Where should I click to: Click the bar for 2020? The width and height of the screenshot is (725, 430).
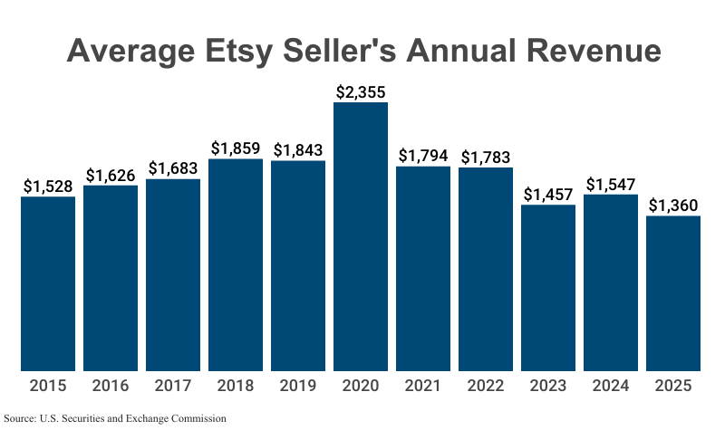click(361, 237)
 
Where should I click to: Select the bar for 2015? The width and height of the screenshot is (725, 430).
click(48, 283)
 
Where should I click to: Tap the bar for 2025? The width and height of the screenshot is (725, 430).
click(673, 293)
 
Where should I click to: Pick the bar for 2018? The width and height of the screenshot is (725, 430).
click(236, 265)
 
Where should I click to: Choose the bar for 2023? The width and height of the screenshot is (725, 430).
click(548, 288)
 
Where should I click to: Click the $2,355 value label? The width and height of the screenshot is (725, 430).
click(361, 91)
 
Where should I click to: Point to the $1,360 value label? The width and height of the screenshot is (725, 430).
click(673, 205)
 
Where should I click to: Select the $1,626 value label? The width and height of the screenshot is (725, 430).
click(111, 176)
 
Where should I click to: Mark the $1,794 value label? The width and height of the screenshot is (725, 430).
click(423, 156)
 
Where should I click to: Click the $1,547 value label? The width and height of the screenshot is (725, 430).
click(611, 185)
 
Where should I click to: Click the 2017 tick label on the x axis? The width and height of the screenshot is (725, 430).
click(173, 387)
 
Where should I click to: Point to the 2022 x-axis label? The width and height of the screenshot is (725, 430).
click(486, 387)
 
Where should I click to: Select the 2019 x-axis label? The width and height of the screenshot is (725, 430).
click(298, 387)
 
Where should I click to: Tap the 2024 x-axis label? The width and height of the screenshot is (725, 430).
click(611, 387)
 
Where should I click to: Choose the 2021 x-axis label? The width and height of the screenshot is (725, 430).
click(423, 387)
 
